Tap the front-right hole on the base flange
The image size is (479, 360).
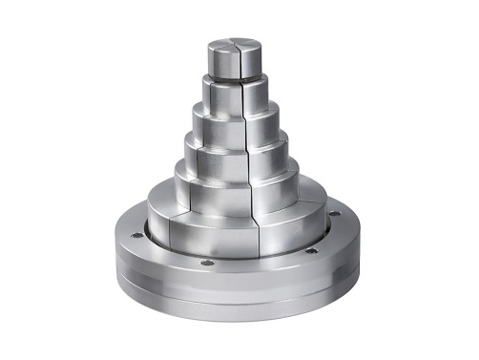(310, 250)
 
